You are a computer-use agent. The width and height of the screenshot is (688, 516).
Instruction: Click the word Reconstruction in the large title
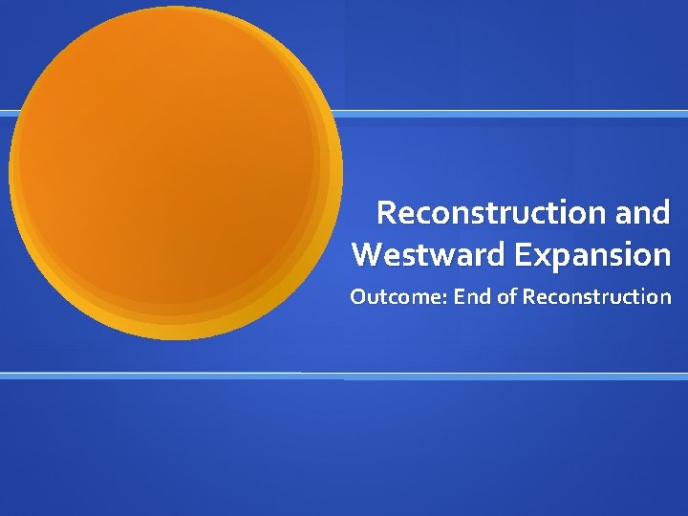[x=486, y=212]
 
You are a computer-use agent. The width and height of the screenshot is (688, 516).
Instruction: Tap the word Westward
[x=429, y=255]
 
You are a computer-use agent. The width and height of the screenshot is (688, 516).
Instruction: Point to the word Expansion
[x=592, y=255]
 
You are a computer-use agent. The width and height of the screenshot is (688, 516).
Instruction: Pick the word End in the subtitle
[x=473, y=297]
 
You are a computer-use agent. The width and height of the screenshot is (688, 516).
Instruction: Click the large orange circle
[x=172, y=172]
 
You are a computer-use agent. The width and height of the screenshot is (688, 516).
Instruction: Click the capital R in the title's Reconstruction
[x=387, y=212]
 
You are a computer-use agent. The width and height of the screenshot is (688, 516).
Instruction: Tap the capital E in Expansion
[x=522, y=255]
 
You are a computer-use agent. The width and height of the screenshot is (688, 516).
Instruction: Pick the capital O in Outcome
[x=358, y=297]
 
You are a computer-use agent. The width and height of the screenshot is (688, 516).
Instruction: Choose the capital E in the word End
[x=460, y=297]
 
